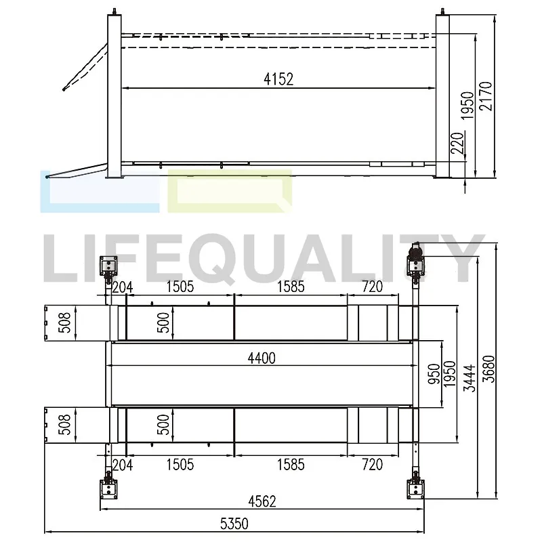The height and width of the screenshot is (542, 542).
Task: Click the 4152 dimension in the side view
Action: click(x=278, y=79)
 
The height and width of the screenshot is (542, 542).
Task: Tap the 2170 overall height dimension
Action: click(x=486, y=96)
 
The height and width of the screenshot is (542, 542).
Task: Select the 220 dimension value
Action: click(x=457, y=143)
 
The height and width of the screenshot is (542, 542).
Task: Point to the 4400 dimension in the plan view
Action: click(x=262, y=358)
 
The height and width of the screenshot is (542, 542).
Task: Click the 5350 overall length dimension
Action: click(x=234, y=524)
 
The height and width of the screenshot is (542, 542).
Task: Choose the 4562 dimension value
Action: click(x=262, y=501)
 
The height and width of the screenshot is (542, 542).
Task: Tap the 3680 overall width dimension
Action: click(x=489, y=369)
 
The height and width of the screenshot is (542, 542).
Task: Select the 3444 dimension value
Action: click(x=470, y=378)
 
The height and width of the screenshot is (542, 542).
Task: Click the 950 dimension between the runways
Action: click(x=434, y=374)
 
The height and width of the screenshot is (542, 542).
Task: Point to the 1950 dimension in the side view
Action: click(x=467, y=106)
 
